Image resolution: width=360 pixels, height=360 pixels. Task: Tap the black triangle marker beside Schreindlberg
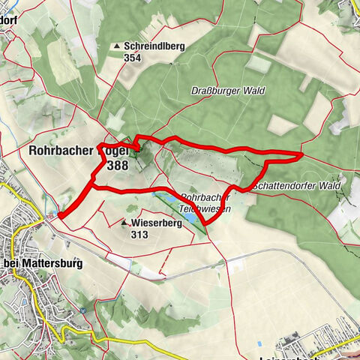pos(116,46)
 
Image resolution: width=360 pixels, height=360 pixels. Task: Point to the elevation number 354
pos(133,58)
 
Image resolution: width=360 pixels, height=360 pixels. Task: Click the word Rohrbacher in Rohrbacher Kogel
pos(62,150)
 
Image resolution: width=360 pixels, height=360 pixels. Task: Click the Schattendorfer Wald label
pos(297,185)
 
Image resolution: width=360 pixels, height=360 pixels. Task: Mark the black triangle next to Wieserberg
pos(124,223)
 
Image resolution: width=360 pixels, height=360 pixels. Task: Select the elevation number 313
pos(139,234)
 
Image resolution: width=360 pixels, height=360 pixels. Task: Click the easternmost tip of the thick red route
pos(301,154)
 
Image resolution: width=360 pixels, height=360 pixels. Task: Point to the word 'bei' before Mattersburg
pos(13,264)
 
